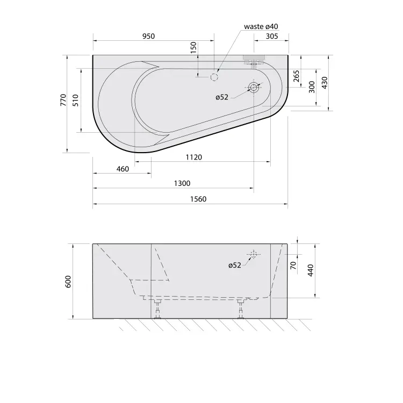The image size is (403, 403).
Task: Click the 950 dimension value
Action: pyautogui.click(x=148, y=36)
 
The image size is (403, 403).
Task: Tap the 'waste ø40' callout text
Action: pyautogui.click(x=261, y=26)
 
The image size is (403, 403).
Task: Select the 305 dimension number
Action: pyautogui.click(x=272, y=36)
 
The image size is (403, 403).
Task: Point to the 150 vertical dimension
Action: pyautogui.click(x=193, y=47)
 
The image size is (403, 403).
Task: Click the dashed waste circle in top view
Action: pyautogui.click(x=214, y=77)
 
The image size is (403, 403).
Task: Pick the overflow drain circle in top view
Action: pyautogui.click(x=254, y=88)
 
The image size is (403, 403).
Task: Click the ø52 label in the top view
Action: pyautogui.click(x=222, y=97)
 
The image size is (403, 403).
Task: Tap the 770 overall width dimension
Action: pyautogui.click(x=63, y=100)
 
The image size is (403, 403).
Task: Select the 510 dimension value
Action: pyautogui.click(x=75, y=100)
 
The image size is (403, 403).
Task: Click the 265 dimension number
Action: pyautogui.click(x=296, y=76)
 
